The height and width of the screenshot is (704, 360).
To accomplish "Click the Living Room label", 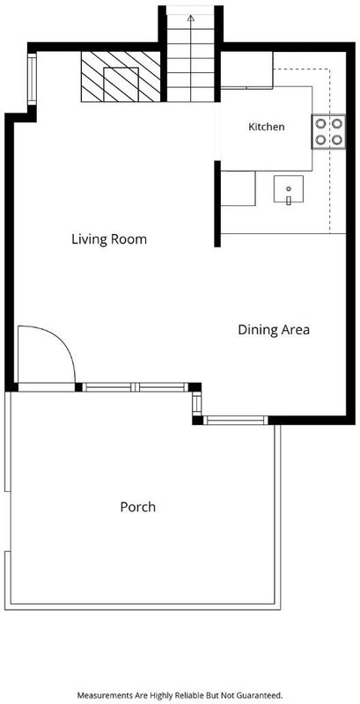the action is pyautogui.click(x=109, y=238).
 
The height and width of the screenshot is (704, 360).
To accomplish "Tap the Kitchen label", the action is pyautogui.click(x=266, y=127).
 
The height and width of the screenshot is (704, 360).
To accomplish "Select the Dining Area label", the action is pyautogui.click(x=274, y=330).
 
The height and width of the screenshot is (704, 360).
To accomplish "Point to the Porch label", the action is pyautogui.click(x=138, y=507).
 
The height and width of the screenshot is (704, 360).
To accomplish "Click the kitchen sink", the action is pyautogui.click(x=288, y=189).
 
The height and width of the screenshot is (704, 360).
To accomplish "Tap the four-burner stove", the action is pyautogui.click(x=328, y=131).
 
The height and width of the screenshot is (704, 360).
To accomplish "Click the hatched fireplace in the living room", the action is pyautogui.click(x=121, y=77).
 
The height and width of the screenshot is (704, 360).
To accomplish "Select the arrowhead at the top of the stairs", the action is pyautogui.click(x=191, y=18).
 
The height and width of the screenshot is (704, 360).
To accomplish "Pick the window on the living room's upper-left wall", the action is pyautogui.click(x=32, y=79).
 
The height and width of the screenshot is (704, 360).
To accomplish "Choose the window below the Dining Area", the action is pyautogui.click(x=236, y=421).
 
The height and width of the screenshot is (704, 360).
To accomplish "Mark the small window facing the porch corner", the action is pyautogui.click(x=196, y=403).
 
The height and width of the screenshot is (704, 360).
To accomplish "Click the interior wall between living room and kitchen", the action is pyautogui.click(x=217, y=204).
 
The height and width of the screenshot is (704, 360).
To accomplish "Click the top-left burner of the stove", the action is pyautogui.click(x=320, y=123).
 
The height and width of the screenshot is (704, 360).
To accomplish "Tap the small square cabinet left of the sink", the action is pyautogui.click(x=238, y=188).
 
